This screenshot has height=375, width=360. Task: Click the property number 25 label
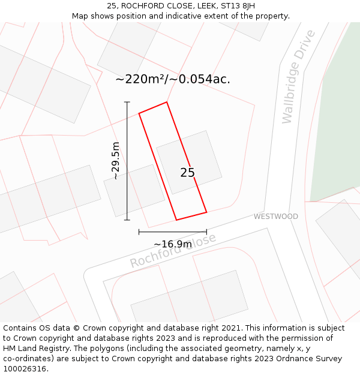pos(187,173)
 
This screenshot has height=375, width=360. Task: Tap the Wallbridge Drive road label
pos(298,76)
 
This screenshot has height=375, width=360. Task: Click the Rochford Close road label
pos(173,251)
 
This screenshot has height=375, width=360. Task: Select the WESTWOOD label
pos(275,217)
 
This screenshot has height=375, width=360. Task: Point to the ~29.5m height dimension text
pos(116,161)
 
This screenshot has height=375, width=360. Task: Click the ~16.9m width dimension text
pos(173,244)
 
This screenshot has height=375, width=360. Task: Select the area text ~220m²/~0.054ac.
pos(173,79)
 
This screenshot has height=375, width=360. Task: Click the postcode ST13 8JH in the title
pos(238,6)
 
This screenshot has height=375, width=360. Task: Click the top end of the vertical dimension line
pos(127,103)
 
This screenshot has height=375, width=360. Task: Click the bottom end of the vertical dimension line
pos(127,220)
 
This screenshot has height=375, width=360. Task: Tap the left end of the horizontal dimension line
pos(139,232)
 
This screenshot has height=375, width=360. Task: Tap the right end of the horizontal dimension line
pos(206,232)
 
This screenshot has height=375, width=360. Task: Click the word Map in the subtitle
pos(80,16)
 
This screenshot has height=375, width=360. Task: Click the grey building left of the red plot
pos(134,191)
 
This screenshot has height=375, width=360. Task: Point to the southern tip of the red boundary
pos(176,220)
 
